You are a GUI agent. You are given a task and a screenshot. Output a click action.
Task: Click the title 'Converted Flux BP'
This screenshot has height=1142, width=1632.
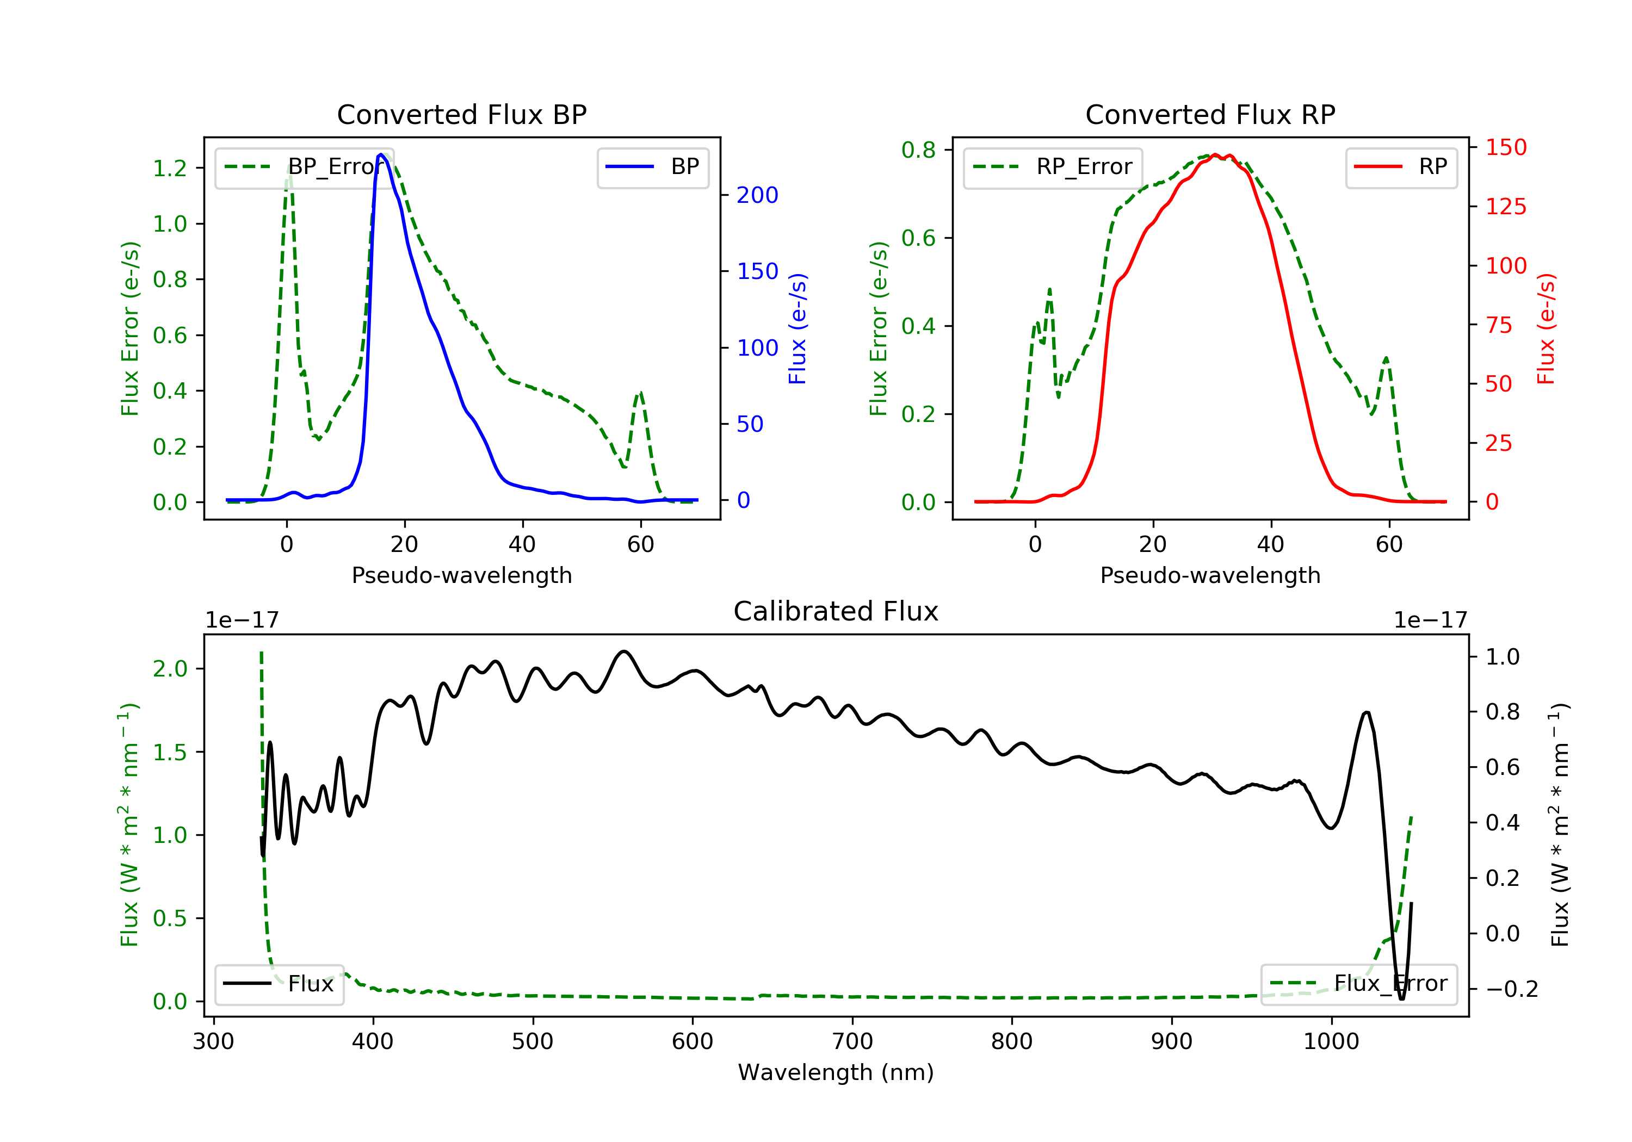(x=461, y=114)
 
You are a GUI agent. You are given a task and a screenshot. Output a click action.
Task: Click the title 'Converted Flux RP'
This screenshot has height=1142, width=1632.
(x=1210, y=114)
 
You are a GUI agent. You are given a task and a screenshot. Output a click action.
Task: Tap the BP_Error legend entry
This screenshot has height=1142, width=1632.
(x=304, y=167)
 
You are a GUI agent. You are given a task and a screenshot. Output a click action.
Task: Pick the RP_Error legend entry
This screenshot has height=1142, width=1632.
(x=1053, y=167)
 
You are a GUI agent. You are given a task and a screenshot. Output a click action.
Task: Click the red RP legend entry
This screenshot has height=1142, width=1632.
(x=1401, y=167)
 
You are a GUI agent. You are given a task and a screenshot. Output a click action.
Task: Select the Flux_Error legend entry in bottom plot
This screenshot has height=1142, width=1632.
(x=1358, y=984)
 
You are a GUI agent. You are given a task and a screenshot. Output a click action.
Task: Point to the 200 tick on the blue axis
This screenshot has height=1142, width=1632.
(x=757, y=195)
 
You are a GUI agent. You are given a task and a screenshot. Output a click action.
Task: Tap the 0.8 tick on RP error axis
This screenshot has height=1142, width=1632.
(x=918, y=150)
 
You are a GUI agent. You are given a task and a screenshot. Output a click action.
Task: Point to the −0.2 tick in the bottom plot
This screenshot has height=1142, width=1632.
(x=1512, y=989)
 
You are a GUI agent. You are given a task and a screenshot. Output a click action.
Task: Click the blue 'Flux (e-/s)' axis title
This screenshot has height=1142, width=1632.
(x=798, y=329)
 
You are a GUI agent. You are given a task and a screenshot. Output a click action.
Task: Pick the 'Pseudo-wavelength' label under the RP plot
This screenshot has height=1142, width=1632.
(x=1210, y=575)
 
